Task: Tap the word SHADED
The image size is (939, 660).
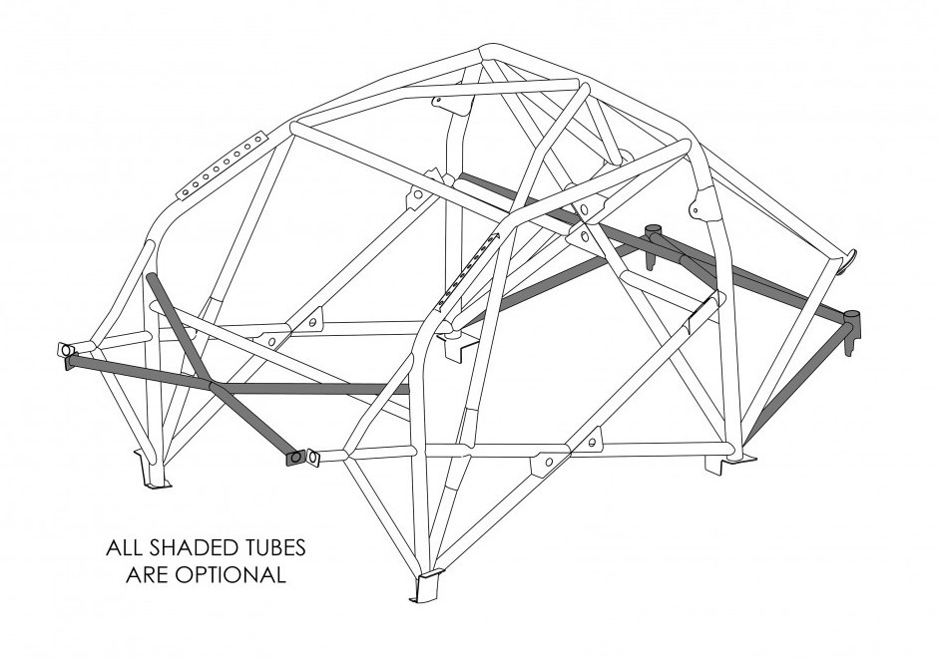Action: click(190, 548)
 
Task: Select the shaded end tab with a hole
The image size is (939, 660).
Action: click(295, 457)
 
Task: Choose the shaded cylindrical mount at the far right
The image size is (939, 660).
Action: click(851, 324)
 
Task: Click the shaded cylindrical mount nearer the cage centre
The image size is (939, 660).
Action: click(656, 235)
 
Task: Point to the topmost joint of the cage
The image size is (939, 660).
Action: click(489, 52)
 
